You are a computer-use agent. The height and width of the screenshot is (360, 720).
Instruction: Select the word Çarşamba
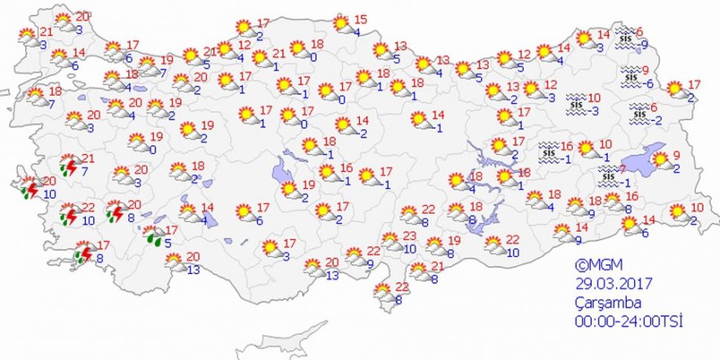pyautogui.click(x=601, y=302)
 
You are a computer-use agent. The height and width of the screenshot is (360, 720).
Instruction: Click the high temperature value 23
pyautogui.click(x=410, y=236)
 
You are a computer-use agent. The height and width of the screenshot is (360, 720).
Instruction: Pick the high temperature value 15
pyautogui.click(x=361, y=20)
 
